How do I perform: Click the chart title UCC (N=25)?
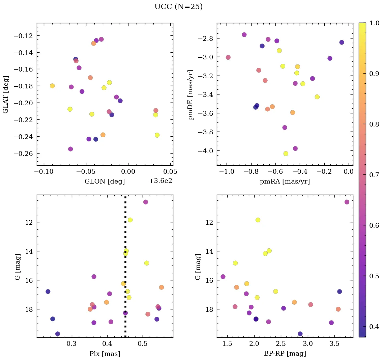[x=178, y=7]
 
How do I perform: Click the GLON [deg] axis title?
[x=105, y=182]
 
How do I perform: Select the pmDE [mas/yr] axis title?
[x=191, y=94]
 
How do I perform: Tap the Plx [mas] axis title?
[x=105, y=354]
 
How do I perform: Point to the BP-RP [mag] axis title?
[x=285, y=354]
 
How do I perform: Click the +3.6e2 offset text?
[x=160, y=181]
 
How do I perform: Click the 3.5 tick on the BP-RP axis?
[x=334, y=344]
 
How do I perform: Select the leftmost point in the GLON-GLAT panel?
[x=52, y=86]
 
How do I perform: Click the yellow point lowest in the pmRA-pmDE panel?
[x=286, y=154]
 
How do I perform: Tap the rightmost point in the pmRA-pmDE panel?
[x=342, y=42]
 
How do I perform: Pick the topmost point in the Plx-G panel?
[x=146, y=202]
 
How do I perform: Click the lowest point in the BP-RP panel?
[x=300, y=334]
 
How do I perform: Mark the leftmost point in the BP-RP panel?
[x=223, y=277]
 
